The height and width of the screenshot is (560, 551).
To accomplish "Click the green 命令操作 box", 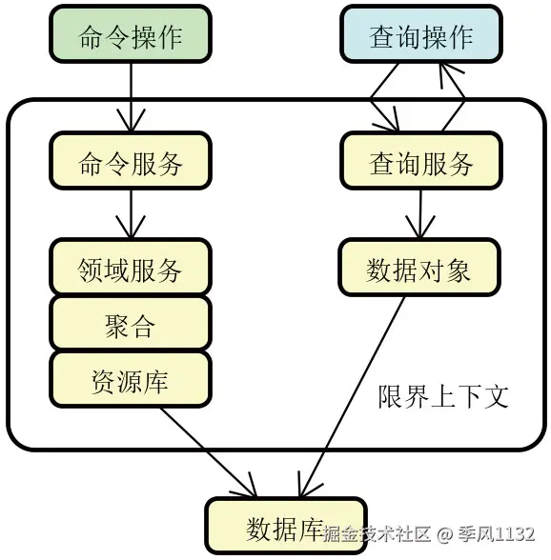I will coord(130,37).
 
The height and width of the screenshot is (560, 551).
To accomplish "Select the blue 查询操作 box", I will coord(420,37).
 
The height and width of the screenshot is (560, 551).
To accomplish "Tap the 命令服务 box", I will coord(130,163).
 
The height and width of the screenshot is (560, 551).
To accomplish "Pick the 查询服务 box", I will coord(420,163).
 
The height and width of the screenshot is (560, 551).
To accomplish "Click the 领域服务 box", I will coord(130,269).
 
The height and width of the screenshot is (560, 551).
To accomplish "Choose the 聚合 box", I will coord(130,325).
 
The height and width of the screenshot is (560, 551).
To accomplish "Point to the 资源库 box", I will coord(130,380).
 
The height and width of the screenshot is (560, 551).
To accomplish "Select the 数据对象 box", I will coord(418,270).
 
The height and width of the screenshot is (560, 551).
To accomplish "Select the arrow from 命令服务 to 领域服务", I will coord(130,211).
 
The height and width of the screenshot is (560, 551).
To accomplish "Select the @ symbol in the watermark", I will coord(443,533).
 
